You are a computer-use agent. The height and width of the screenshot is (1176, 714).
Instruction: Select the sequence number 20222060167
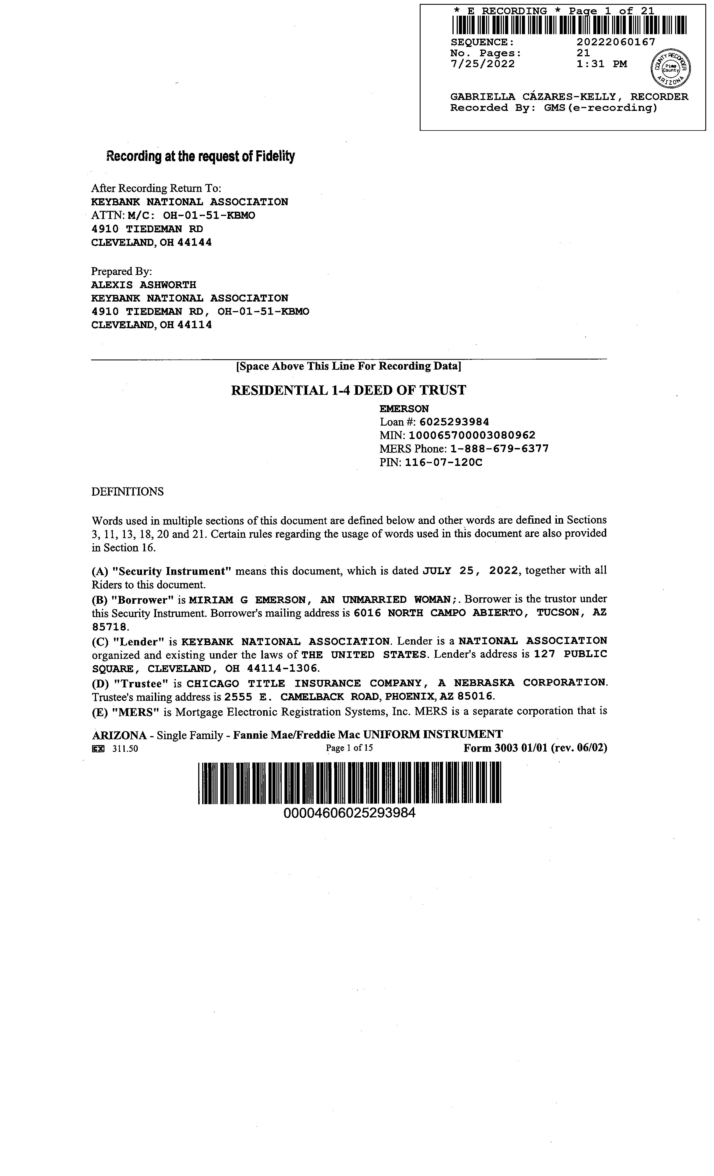pos(616,42)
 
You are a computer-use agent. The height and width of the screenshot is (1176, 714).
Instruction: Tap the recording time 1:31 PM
pos(601,64)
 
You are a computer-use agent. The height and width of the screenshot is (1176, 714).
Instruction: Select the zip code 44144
pos(194,242)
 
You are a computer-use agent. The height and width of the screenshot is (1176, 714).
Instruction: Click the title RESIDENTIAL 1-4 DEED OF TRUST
pos(348,390)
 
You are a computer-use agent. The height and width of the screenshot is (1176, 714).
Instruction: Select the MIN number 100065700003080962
pos(472,435)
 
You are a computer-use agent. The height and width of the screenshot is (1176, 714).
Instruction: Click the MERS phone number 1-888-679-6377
pos(499,449)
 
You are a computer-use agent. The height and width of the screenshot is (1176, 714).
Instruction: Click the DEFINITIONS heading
pos(127,492)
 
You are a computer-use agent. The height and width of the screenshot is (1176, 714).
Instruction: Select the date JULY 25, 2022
pos(470,571)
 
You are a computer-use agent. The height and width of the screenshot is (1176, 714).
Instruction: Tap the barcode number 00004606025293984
pos(349,813)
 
